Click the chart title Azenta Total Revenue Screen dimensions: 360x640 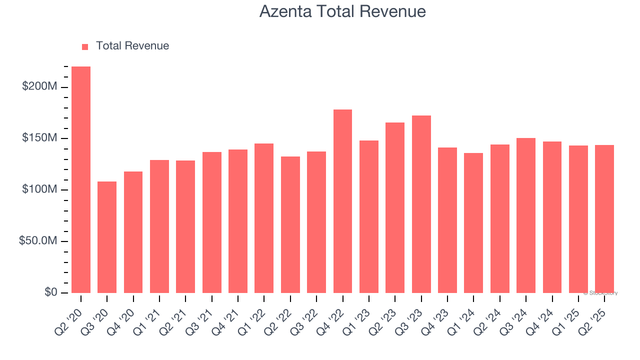tap(342, 11)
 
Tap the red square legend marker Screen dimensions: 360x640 tap(85, 46)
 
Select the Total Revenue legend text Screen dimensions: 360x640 tap(132, 46)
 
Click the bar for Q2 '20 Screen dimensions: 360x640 tap(81, 179)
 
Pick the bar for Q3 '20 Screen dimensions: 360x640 tap(107, 237)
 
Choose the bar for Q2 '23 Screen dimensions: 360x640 tap(395, 207)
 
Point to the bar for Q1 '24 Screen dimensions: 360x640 tap(473, 223)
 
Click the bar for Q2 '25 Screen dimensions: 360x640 tap(604, 219)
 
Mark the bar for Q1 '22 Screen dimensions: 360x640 tap(264, 218)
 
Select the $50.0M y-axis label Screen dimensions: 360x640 tap(38, 241)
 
